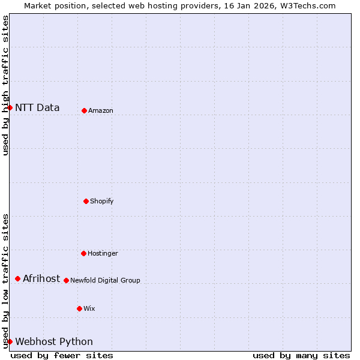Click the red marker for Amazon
point(84,110)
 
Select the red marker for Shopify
point(86,201)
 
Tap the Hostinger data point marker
point(83,253)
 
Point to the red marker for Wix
point(79,308)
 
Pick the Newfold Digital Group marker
point(66,280)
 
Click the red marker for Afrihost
point(18,278)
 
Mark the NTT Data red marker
point(10,108)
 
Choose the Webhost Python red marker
point(10,341)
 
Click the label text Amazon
point(101,111)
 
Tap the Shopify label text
point(102,202)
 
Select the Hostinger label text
point(103,254)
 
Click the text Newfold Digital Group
point(105,281)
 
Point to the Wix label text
point(89,309)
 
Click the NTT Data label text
point(37,108)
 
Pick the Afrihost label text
point(41,278)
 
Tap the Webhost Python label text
point(54,342)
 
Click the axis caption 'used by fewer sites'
point(62,355)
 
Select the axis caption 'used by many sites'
point(301,355)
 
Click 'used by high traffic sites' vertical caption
point(5,85)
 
